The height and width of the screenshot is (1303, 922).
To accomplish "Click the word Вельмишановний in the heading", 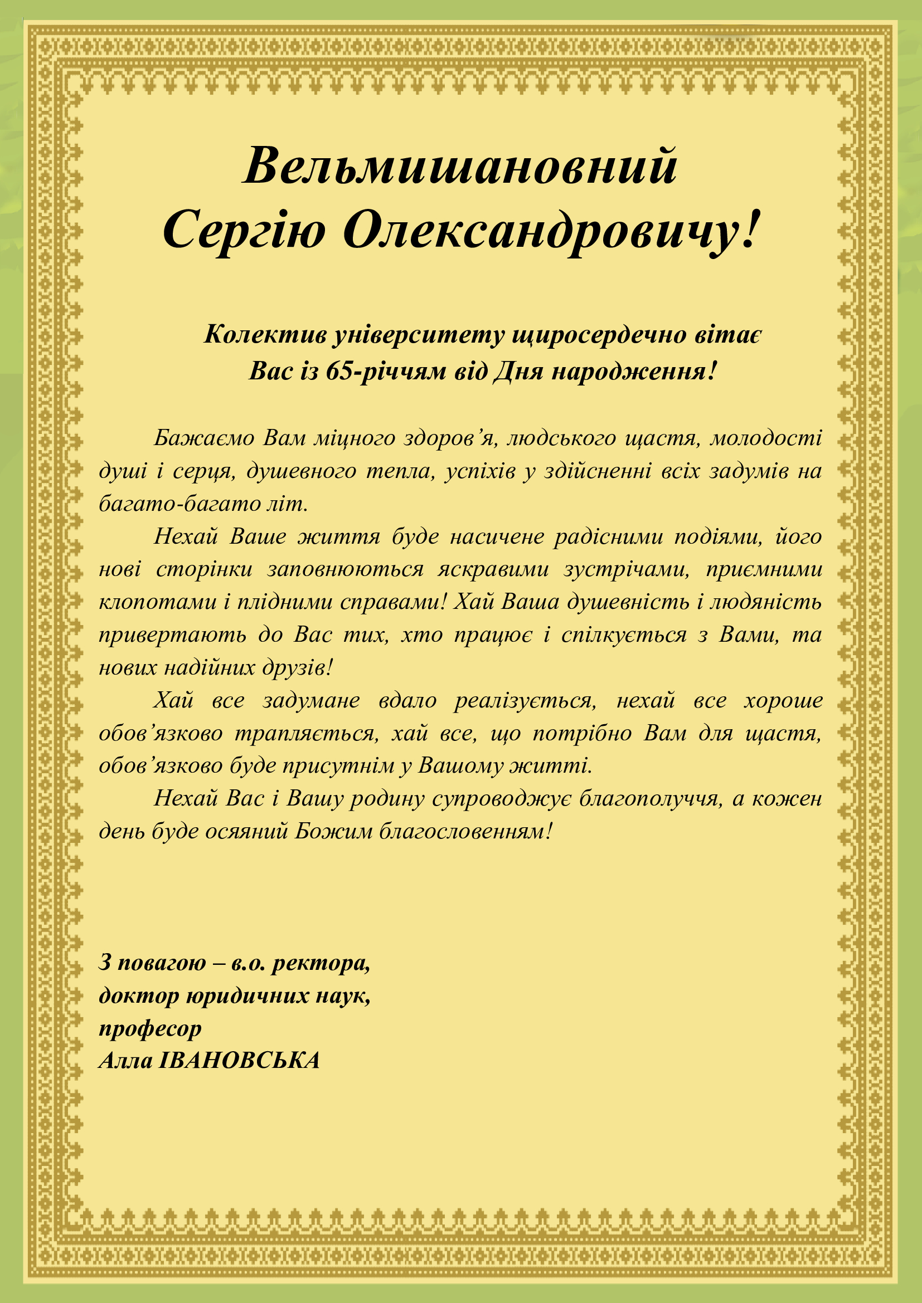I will tap(460, 165).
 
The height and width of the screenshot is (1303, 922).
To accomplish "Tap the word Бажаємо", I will tap(204, 438).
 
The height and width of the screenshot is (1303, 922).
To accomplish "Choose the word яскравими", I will tap(493, 569).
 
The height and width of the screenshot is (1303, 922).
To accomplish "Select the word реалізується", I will tap(525, 701).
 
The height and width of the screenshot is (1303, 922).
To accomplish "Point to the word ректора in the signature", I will tap(321, 963).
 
